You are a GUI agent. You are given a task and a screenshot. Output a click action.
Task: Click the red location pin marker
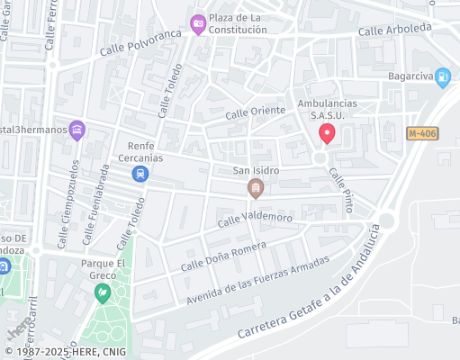(328, 134)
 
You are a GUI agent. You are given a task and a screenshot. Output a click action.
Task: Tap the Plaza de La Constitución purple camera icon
(198, 24)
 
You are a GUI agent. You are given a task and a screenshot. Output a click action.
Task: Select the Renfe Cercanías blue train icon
(140, 174)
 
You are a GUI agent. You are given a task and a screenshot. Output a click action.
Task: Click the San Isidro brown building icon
(256, 188)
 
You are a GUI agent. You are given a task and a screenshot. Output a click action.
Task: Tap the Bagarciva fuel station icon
(442, 78)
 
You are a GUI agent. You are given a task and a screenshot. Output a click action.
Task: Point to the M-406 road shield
(422, 133)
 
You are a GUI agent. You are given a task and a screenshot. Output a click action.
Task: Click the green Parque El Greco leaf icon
(104, 292)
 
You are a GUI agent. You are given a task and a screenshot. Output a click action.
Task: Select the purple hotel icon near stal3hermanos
(77, 130)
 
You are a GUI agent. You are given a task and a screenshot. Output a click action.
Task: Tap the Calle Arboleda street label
(394, 30)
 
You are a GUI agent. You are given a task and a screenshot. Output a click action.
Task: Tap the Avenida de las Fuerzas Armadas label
(259, 280)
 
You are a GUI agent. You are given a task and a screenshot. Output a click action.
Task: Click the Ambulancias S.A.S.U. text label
(328, 110)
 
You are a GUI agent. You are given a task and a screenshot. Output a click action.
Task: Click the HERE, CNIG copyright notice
(67, 353)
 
